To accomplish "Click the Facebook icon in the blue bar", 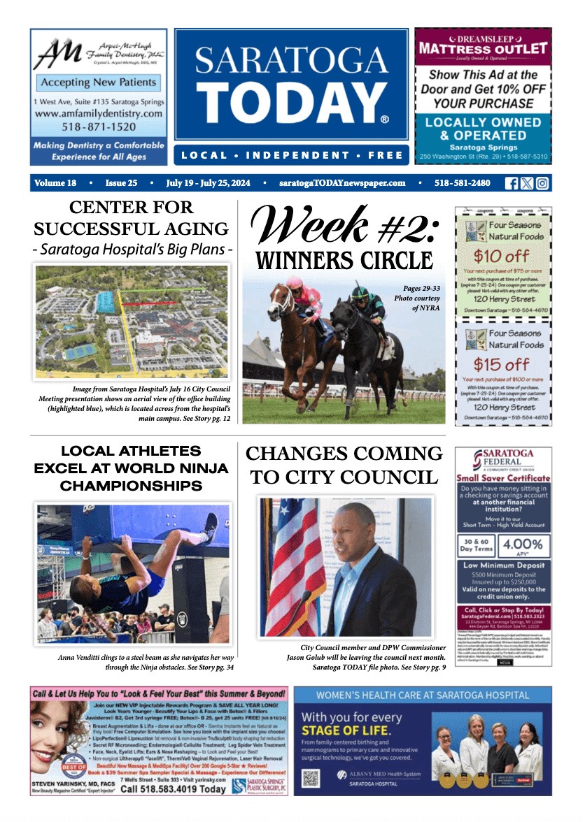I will tap(512, 183).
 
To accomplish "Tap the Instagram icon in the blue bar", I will tap(542, 183).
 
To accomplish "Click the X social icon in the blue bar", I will tap(527, 183).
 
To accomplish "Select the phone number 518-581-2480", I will tap(463, 183).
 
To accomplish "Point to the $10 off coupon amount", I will tap(502, 256).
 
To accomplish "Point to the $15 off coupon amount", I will tap(502, 364).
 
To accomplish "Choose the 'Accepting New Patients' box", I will tap(98, 82).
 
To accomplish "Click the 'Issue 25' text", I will tap(121, 183).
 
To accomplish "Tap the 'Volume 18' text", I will tap(55, 183).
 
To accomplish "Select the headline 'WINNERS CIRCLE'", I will tap(344, 261).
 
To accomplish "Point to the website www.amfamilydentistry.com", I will tap(98, 113).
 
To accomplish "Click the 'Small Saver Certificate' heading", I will tap(503, 478).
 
